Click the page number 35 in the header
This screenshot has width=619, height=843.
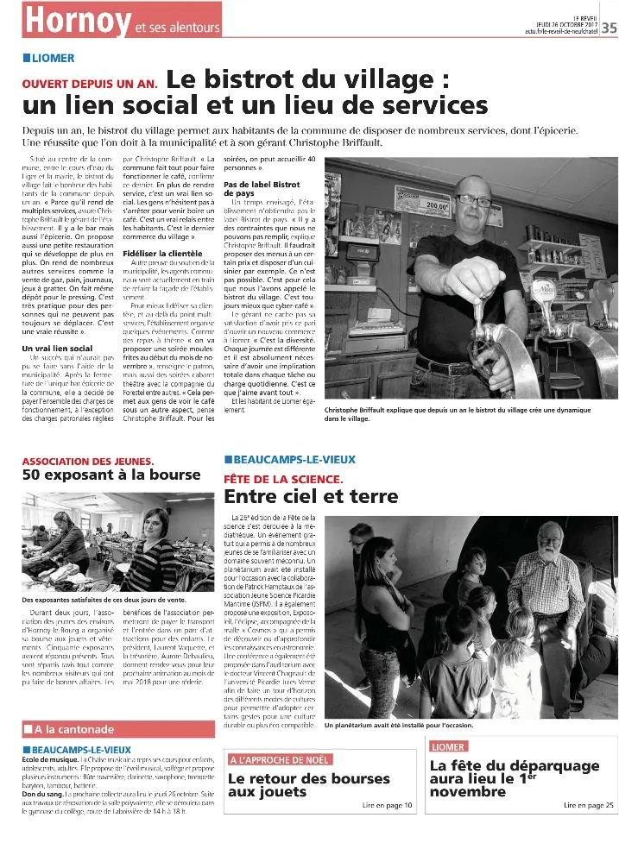point(609,27)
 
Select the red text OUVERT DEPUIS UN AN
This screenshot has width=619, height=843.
point(89,84)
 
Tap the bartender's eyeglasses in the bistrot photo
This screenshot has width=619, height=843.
point(475,199)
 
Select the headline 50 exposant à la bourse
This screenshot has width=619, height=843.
point(111,475)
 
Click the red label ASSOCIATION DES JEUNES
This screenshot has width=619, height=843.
point(88,461)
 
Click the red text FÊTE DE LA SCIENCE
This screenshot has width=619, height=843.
point(283,478)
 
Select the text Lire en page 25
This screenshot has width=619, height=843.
point(589,805)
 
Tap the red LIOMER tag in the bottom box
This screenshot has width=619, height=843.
point(449,746)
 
